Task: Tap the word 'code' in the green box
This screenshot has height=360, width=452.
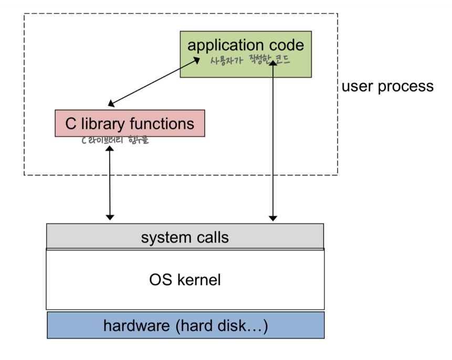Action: pos(286,45)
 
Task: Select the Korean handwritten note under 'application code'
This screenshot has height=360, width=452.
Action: pos(250,60)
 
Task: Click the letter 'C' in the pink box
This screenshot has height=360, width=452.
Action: pos(71,124)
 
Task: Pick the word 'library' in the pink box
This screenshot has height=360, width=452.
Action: pos(102,124)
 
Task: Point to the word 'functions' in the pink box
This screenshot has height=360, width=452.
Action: pos(162,123)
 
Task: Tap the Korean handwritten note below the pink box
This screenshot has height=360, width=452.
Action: pos(115,140)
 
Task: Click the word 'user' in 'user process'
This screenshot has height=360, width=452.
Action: pos(358,87)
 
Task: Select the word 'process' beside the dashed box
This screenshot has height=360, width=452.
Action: pos(406,87)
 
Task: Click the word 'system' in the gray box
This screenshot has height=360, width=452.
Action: pos(166,238)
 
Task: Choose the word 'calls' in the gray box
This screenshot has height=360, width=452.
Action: pos(213,237)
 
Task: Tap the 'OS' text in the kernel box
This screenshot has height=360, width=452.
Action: pos(161,280)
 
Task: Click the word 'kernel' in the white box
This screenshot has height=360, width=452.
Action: pos(199,280)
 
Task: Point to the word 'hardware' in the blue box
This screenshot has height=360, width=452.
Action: pos(136,326)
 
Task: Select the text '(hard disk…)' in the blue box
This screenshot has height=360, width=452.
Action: pos(222,326)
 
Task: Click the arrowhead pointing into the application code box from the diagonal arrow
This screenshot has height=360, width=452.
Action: pos(196,60)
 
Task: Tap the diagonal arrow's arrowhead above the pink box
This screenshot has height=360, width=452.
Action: pos(111,103)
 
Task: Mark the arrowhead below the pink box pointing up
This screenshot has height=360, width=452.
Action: pos(110,149)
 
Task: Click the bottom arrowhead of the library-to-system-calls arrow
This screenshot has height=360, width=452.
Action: pos(110,217)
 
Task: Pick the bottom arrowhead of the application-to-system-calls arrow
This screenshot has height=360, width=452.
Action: pos(273,218)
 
